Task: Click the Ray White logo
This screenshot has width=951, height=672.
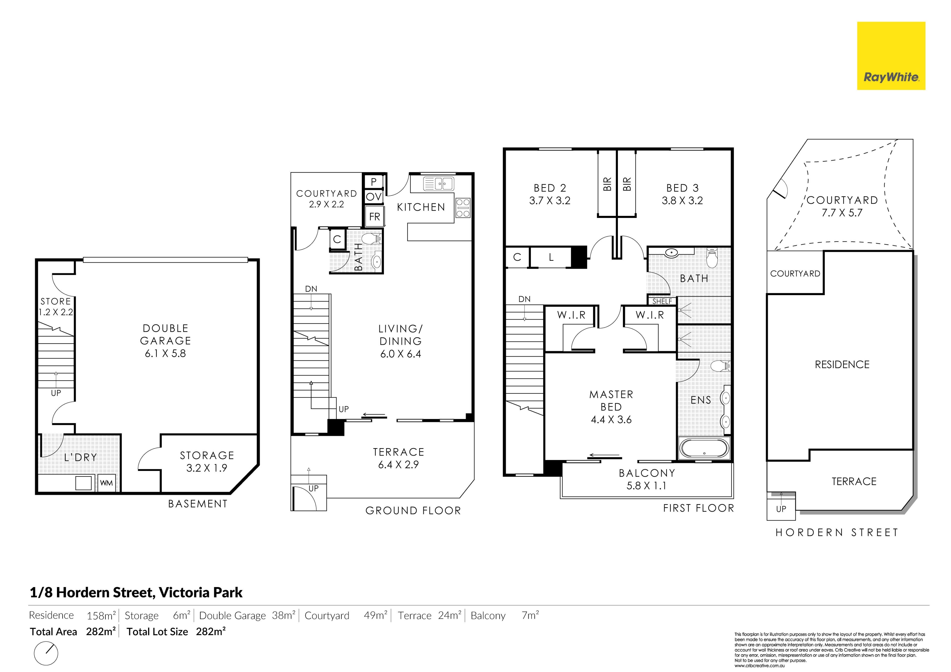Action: tap(891, 56)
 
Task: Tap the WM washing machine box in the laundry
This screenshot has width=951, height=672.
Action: tap(106, 483)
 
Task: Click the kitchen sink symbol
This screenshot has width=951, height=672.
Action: tap(438, 183)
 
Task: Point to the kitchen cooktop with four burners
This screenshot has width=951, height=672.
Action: tap(463, 208)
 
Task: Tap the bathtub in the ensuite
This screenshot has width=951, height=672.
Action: tap(704, 448)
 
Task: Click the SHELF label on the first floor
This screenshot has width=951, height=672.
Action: tap(662, 301)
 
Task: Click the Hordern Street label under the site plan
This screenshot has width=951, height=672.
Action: tap(837, 532)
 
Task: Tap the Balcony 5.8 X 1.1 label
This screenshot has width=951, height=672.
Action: tap(647, 479)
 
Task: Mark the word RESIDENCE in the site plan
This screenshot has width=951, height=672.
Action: tap(842, 365)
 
